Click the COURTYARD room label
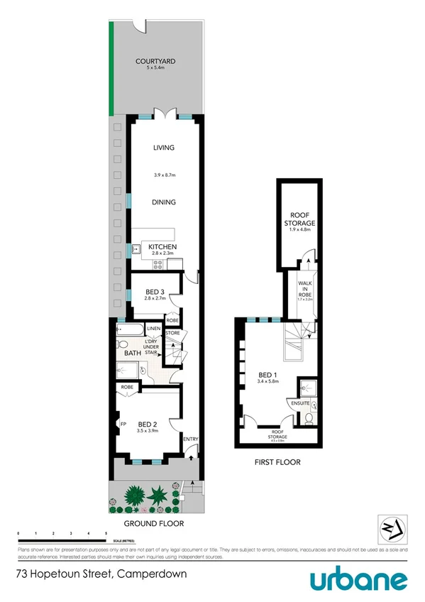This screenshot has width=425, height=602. point(155,62)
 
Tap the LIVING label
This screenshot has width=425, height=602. point(164,148)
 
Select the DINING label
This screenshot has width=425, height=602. point(164,202)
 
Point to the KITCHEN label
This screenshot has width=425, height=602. point(162,246)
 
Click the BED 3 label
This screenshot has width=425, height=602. point(155,292)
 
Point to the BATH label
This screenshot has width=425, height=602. point(133,353)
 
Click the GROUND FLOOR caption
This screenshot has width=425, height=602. point(154,523)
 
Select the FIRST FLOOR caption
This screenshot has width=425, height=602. point(277,462)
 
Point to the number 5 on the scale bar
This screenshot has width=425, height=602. point(106,532)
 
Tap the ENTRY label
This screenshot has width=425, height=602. point(191,439)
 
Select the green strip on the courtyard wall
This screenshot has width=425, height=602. point(110,67)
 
